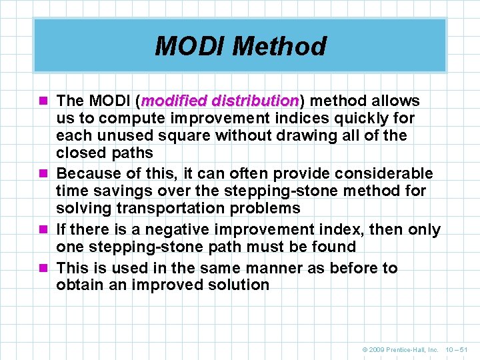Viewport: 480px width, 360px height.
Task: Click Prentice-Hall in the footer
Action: [410, 349]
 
